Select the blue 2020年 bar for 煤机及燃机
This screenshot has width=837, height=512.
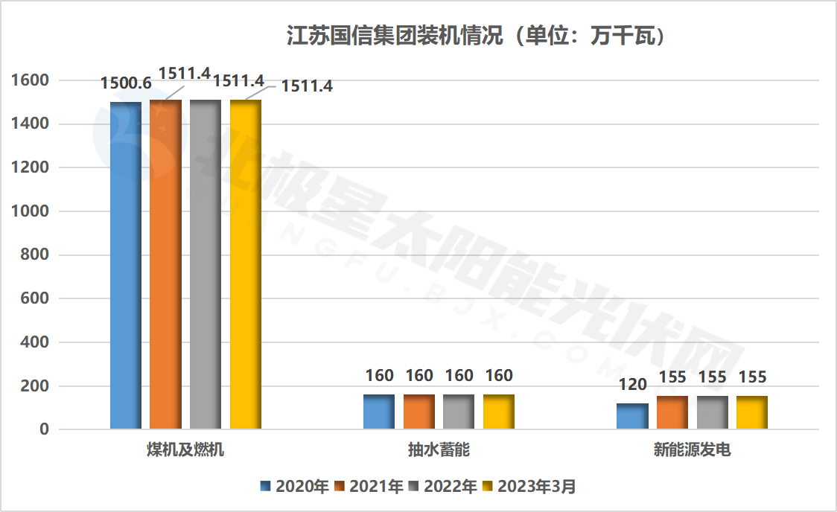pyautogui.click(x=126, y=265)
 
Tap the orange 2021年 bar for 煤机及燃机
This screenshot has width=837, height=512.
pyautogui.click(x=165, y=264)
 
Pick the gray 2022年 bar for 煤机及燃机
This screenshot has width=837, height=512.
pyautogui.click(x=206, y=264)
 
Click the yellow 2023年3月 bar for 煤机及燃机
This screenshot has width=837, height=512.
pyautogui.click(x=246, y=264)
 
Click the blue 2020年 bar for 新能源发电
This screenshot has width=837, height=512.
pyautogui.click(x=632, y=416)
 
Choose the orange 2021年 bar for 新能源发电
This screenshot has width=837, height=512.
pyautogui.click(x=672, y=412)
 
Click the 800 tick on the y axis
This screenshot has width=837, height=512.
pyautogui.click(x=34, y=255)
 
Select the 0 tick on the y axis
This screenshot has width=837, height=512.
pyautogui.click(x=44, y=429)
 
